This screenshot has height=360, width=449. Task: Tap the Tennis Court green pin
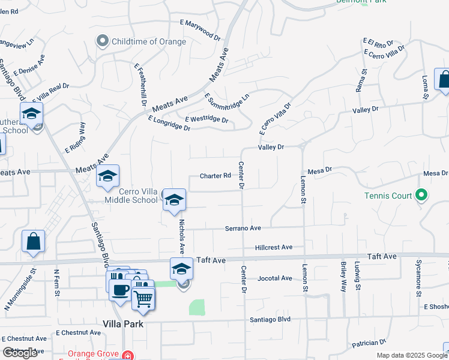(x=421, y=196)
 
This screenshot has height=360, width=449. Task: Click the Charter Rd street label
(x=215, y=176)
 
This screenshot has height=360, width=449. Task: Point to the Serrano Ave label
(x=243, y=229)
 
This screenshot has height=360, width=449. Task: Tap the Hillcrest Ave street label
(x=273, y=247)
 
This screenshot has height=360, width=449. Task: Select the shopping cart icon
(x=143, y=298)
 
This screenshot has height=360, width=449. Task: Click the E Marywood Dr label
(x=200, y=29)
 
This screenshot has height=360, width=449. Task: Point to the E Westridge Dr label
(x=206, y=120)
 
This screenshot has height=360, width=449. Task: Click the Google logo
(x=20, y=353)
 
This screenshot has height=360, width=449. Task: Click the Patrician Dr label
(x=369, y=343)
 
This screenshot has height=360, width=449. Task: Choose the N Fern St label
(x=57, y=280)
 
